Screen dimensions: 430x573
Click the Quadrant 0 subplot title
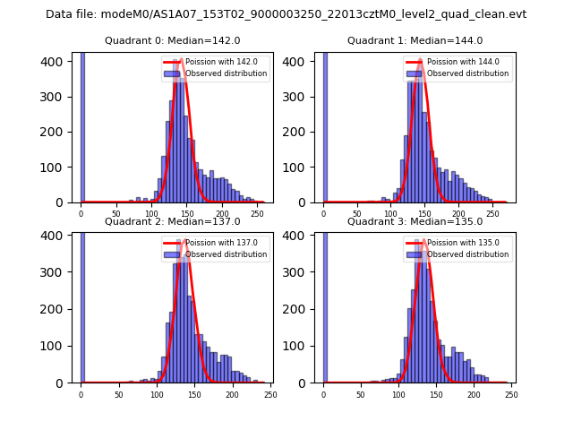[x=172, y=40]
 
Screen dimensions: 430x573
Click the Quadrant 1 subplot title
[x=415, y=40]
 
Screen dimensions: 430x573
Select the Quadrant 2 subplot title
[x=172, y=221]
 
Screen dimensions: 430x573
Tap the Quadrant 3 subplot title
[x=415, y=221]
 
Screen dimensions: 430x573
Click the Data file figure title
[x=286, y=14]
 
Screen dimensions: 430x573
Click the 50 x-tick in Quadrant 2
[x=118, y=395]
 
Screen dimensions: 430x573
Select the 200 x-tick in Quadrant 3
[x=474, y=395]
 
